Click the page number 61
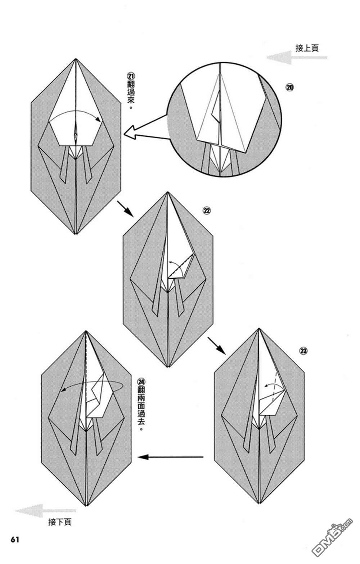click(14, 540)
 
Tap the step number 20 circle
click(290, 87)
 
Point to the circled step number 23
click(303, 351)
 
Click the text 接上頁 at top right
click(307, 48)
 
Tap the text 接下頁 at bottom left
click(60, 522)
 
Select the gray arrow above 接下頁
click(45, 510)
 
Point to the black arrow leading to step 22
click(125, 209)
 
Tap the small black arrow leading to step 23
click(216, 346)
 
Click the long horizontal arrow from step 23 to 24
click(171, 457)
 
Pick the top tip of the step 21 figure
click(76, 59)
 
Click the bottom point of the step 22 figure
click(168, 367)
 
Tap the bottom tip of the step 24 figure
click(86, 506)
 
